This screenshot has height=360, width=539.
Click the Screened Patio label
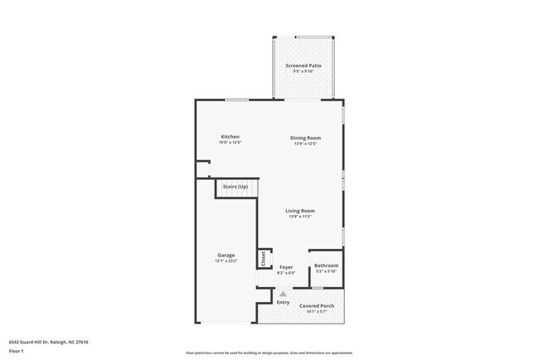tap(303, 65)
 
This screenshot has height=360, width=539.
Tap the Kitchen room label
tap(230, 136)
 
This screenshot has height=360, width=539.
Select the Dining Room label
tap(305, 138)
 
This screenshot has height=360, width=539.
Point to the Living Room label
tap(300, 211)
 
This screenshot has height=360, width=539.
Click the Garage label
tap(226, 255)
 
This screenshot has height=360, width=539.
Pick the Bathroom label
tap(326, 265)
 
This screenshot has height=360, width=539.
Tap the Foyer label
tap(286, 267)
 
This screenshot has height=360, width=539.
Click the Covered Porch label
tap(317, 306)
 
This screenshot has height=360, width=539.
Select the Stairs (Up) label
tap(236, 187)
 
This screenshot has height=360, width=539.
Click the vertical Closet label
tap(264, 259)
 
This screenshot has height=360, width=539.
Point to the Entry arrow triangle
tap(283, 293)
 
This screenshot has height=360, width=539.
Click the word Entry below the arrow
tap(283, 301)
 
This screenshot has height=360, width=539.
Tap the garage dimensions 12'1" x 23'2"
tap(226, 260)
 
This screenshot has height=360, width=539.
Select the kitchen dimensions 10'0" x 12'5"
tap(230, 142)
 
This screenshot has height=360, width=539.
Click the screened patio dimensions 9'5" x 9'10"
tap(303, 71)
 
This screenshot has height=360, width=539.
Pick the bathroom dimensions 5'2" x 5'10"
tap(326, 271)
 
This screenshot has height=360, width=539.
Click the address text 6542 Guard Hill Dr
tap(48, 342)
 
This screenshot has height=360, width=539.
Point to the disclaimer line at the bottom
tap(269, 353)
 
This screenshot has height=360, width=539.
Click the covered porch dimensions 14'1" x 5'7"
tap(317, 312)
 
